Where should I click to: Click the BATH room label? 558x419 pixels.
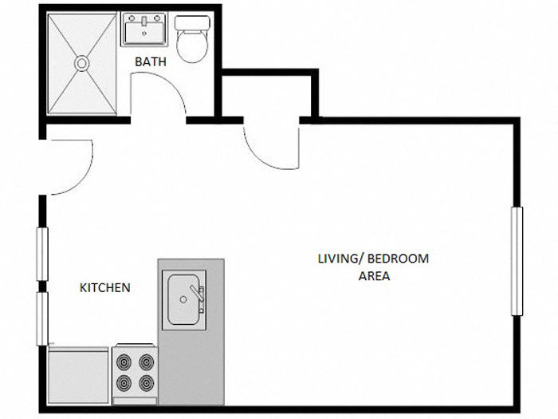(150, 61)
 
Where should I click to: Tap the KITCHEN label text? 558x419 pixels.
(104, 287)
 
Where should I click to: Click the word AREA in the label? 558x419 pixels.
(374, 276)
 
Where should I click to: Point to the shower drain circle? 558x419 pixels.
(81, 61)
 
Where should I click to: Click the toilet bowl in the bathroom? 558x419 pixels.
(191, 47)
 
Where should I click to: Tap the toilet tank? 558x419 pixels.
(191, 22)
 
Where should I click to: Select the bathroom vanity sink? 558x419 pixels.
(144, 30)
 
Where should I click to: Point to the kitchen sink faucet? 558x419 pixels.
(199, 293)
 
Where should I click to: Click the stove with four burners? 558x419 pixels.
(135, 371)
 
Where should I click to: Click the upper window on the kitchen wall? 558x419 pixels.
(42, 254)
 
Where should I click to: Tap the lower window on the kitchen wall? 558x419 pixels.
(42, 318)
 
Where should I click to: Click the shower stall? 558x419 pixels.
(81, 64)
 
